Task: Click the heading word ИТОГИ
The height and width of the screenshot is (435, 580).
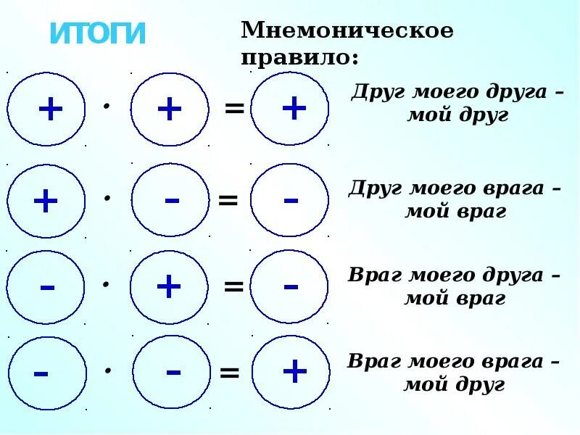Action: (98, 34)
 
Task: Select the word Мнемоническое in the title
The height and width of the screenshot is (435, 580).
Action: (347, 31)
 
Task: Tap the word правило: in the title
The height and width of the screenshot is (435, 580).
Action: (299, 57)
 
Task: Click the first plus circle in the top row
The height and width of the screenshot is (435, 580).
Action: (46, 109)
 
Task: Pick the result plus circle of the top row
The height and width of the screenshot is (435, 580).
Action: (292, 109)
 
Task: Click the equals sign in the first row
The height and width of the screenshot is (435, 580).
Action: (233, 109)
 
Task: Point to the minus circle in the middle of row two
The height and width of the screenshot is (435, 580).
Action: (170, 200)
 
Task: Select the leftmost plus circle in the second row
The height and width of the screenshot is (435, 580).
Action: (46, 201)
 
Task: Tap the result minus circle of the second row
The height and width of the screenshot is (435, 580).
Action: (290, 200)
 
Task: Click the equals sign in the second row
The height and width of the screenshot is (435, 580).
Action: (228, 200)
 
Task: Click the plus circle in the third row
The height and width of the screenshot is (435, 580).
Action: (168, 287)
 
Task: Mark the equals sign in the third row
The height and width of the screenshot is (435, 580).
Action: (233, 287)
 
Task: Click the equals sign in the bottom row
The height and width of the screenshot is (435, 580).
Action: (229, 374)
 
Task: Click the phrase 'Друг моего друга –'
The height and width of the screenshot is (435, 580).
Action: (456, 94)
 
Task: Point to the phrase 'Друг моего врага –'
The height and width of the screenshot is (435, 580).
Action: (455, 188)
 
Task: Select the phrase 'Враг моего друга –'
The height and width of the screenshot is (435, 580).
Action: (455, 275)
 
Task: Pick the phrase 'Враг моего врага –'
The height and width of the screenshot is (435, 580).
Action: (455, 362)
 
